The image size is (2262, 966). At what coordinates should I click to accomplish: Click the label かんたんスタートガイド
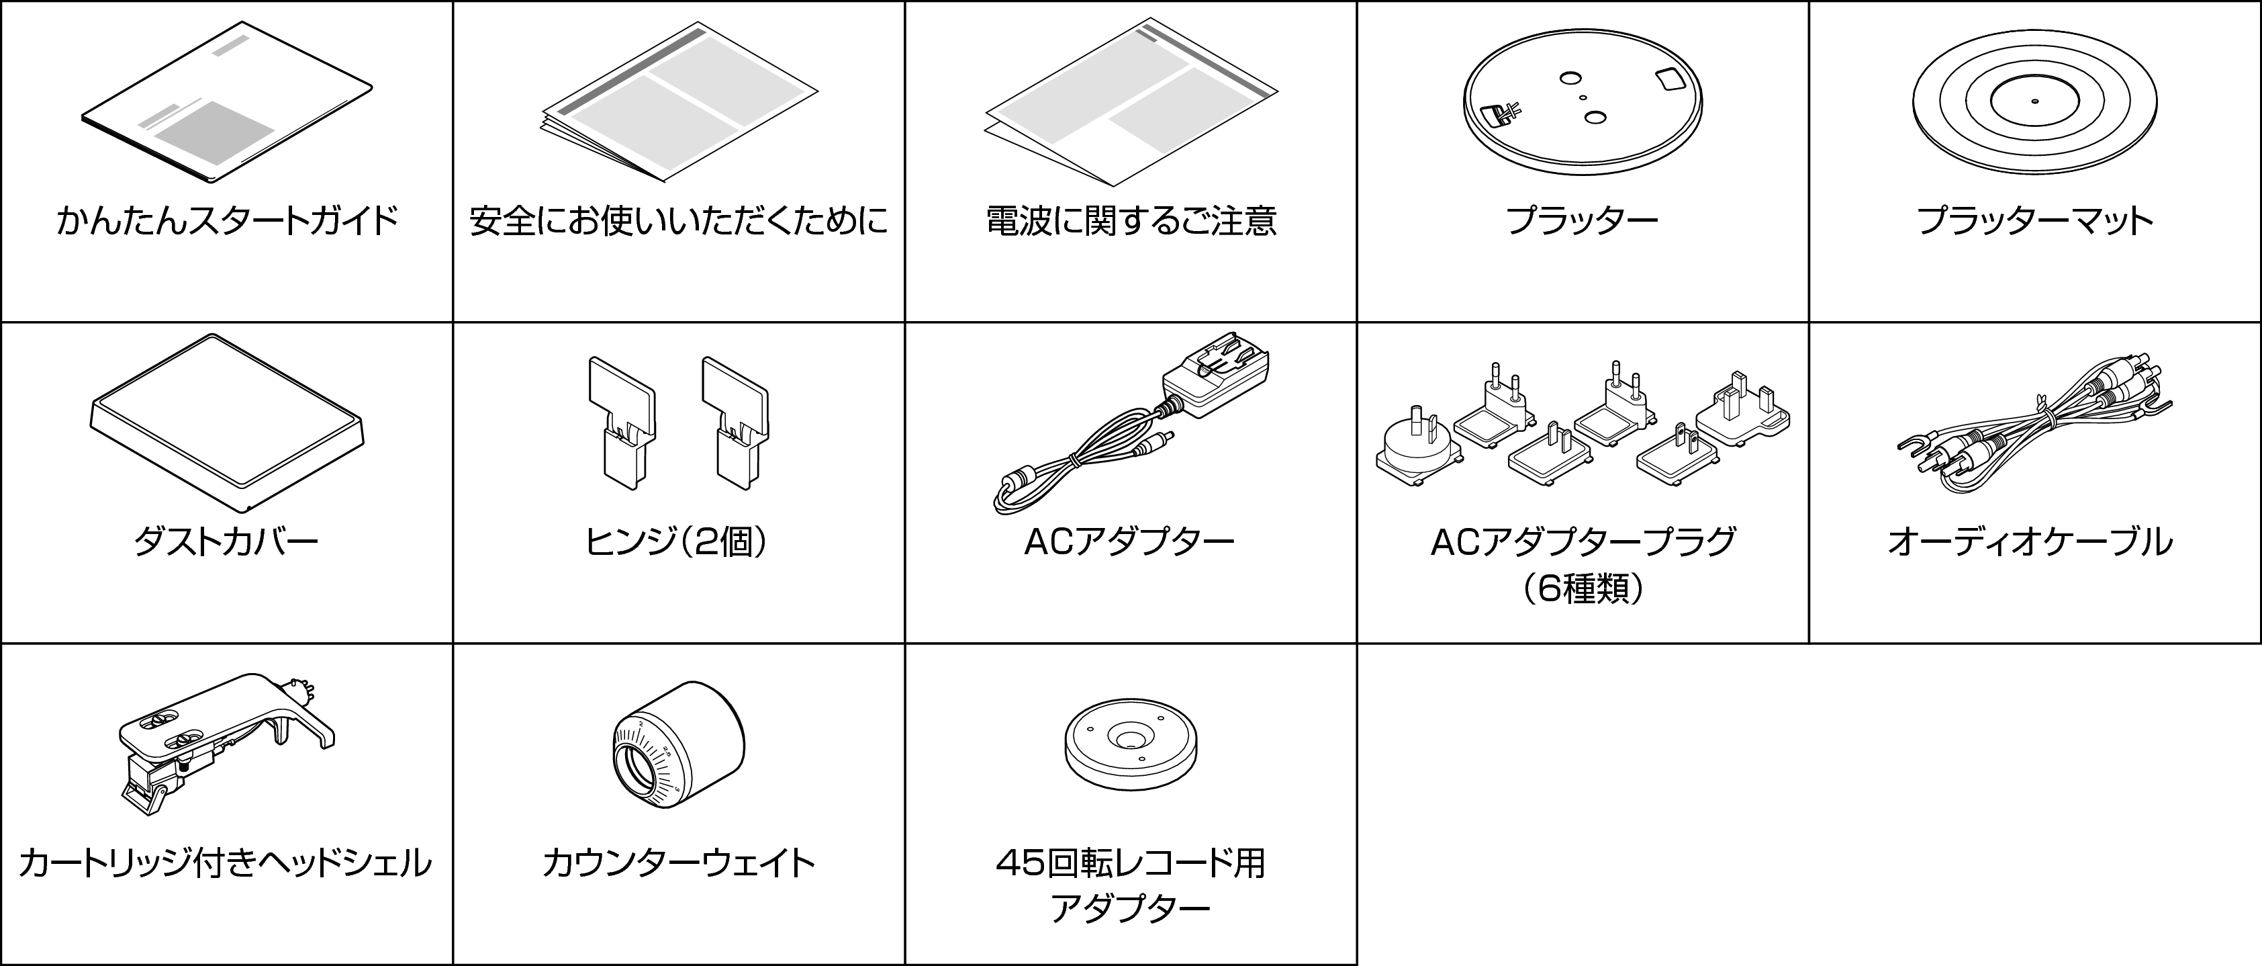pos(226,220)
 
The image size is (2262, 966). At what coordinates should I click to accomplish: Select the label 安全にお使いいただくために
pos(678,220)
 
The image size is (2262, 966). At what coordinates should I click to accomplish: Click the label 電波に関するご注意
pos(1130,220)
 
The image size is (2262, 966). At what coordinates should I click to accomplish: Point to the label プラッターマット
pos(2034,220)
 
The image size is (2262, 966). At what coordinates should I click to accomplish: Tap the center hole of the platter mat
pos(2034,101)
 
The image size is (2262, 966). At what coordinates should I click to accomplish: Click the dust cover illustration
pos(226,421)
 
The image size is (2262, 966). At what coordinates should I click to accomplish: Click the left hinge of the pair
pos(622,421)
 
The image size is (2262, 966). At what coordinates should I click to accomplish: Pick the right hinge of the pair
pos(735,421)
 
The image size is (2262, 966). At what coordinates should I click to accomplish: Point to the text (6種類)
pos(1583,588)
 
